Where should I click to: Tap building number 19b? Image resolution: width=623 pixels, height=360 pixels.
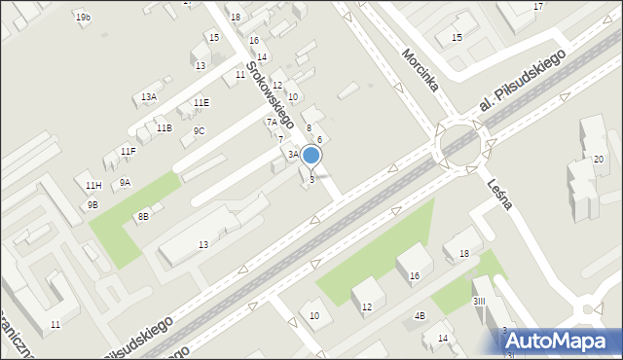pos(83,18)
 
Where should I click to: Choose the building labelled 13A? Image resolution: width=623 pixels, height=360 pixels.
pos(149,96)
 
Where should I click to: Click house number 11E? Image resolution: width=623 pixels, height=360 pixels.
pos(201,102)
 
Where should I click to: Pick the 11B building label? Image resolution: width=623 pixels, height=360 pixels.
pos(164,127)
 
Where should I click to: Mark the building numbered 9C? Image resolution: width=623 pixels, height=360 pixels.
pos(199,130)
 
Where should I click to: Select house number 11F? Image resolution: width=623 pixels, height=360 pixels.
pos(128,151)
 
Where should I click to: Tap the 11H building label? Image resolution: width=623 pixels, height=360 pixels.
pos(92,185)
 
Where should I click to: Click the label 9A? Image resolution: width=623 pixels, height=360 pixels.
pos(125,182)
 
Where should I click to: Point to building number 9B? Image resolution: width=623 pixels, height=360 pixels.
pos(92,204)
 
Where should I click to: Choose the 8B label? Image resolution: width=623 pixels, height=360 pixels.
pos(142,215)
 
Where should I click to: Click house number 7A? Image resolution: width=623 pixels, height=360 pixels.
pos(272,122)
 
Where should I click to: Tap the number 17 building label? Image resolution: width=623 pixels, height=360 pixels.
pos(538,7)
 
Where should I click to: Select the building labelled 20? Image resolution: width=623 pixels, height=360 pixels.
pos(599,159)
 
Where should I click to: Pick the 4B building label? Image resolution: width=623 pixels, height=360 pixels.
pos(420,315)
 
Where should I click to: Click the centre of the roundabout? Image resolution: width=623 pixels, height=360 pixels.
pos(460,146)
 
